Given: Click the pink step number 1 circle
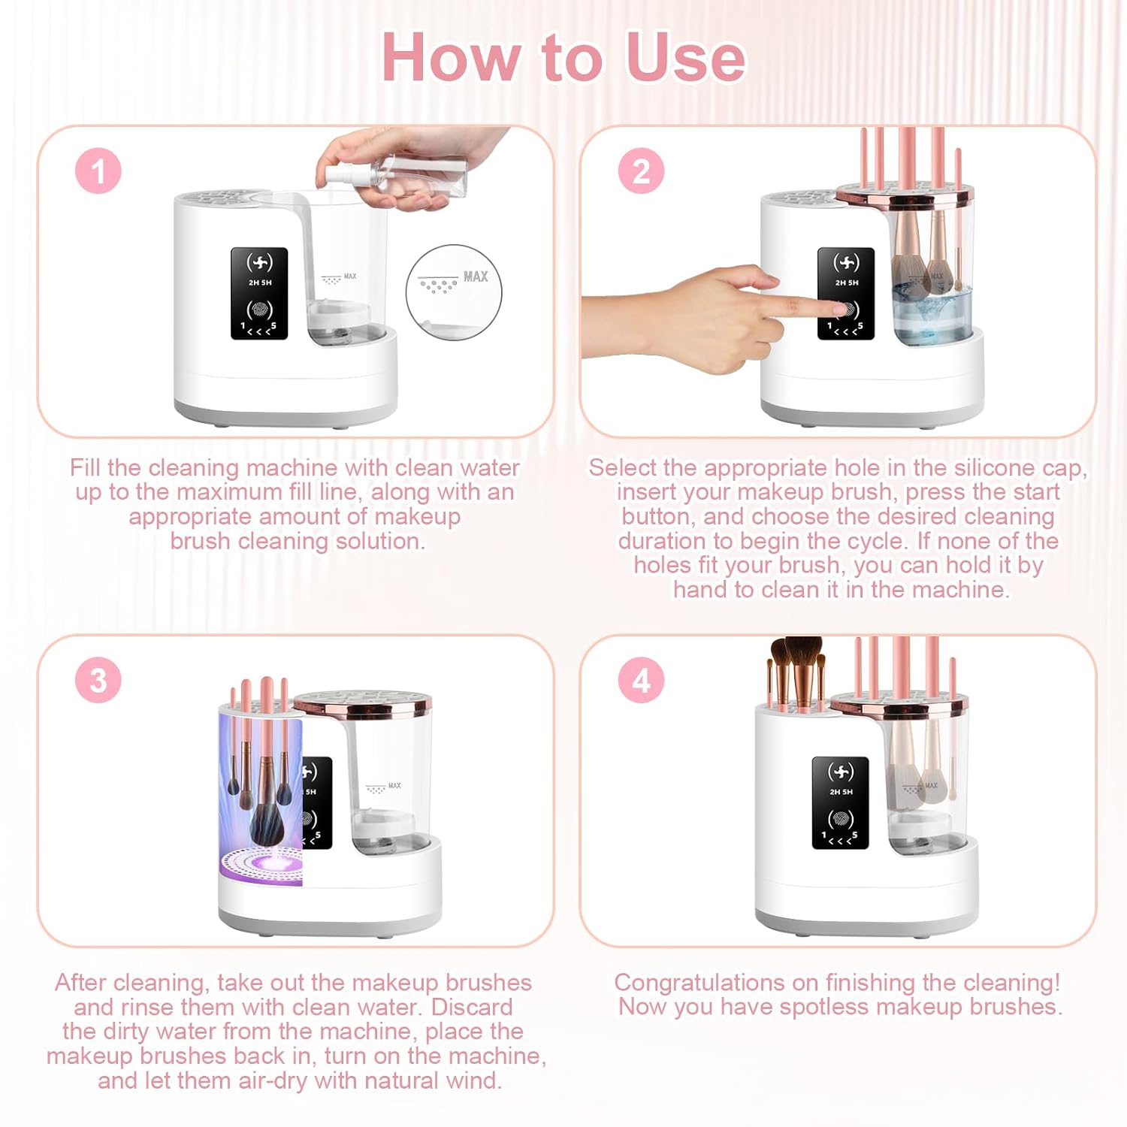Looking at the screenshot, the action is coord(98,171).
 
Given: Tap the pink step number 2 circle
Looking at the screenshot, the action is coord(641,171).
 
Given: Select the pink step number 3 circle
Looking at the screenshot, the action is coord(98,680).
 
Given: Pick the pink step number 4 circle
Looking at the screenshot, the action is coord(641,680).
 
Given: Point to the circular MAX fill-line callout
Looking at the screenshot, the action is coord(454,292).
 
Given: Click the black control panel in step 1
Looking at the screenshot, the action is coord(259,293).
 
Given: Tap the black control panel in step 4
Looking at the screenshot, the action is coord(841,802).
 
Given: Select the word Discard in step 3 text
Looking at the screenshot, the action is coord(472,1007).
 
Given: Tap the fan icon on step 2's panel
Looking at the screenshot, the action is coord(846,263).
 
